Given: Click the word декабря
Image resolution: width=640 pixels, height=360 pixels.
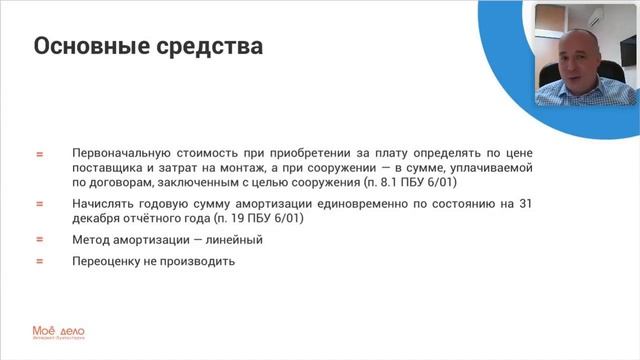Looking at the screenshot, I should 97,217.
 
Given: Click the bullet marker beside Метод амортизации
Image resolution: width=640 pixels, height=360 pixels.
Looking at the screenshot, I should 40,240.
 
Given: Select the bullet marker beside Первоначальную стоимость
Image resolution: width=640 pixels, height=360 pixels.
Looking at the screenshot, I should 40,155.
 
